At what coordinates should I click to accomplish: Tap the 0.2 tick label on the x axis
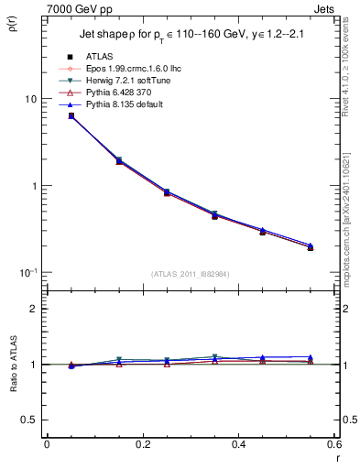(143, 444)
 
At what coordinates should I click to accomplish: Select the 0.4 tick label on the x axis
(238, 444)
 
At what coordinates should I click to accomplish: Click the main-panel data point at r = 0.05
(71, 116)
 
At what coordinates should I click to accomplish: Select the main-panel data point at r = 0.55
(310, 246)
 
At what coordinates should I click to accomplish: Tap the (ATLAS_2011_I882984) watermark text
(190, 273)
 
